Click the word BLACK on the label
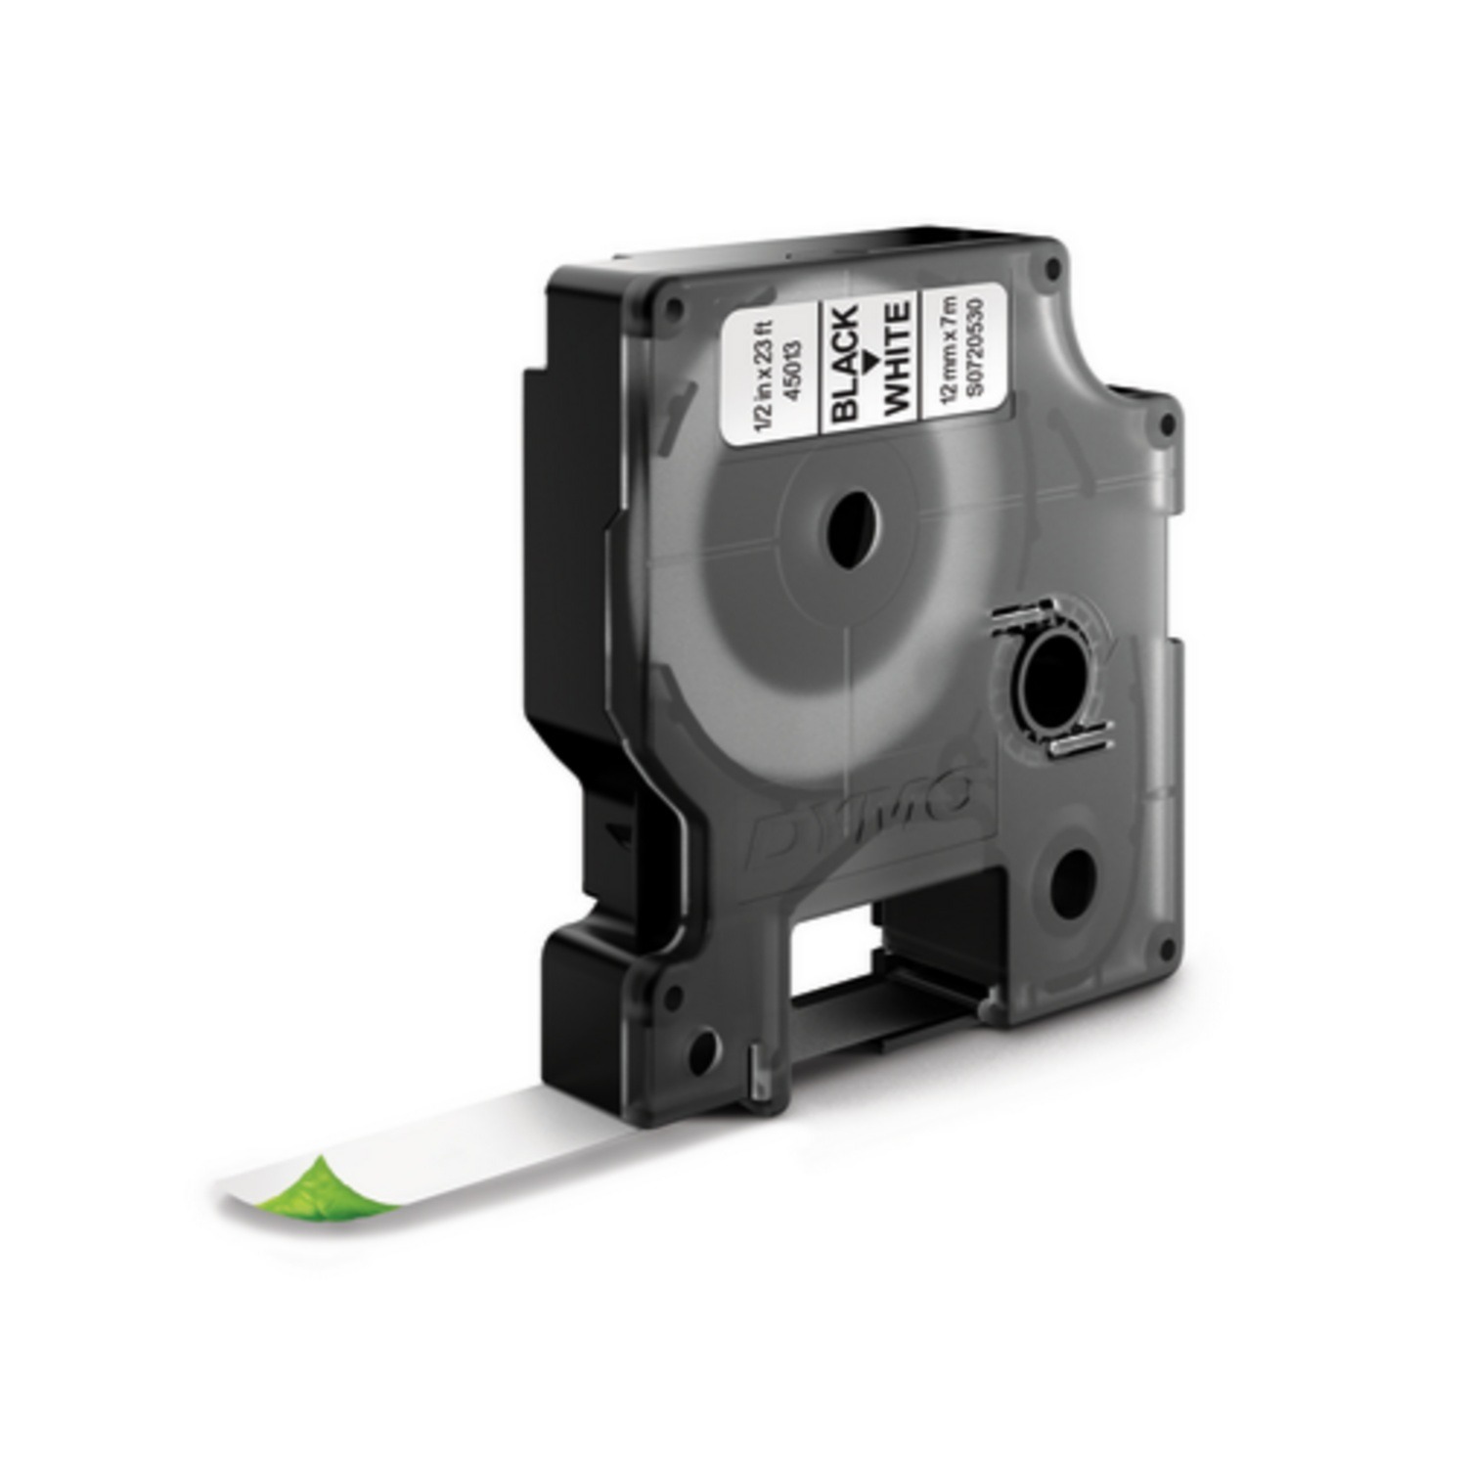845,364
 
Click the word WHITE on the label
898,357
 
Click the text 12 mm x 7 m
944,348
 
